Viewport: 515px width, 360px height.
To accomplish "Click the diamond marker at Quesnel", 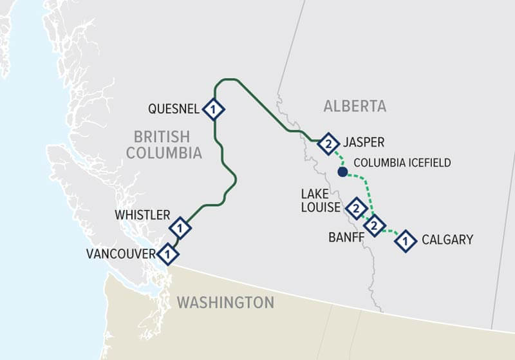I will pyautogui.click(x=213, y=109).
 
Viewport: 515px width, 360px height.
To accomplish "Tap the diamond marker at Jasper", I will pyautogui.click(x=328, y=143).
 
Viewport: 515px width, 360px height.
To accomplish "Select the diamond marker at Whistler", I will pyautogui.click(x=180, y=227).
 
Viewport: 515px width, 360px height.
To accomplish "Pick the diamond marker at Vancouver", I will pyautogui.click(x=168, y=254).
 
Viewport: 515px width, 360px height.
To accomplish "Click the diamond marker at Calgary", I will pyautogui.click(x=406, y=241).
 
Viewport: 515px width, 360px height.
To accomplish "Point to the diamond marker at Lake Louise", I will pyautogui.click(x=355, y=208).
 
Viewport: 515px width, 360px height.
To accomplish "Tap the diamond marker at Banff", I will pyautogui.click(x=374, y=225).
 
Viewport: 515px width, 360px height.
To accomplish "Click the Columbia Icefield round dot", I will pyautogui.click(x=342, y=172).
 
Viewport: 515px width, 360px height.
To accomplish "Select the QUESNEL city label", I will pyautogui.click(x=174, y=109).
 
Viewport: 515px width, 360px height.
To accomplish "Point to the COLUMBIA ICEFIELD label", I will pyautogui.click(x=402, y=163).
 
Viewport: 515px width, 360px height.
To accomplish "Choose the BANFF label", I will pyautogui.click(x=346, y=237).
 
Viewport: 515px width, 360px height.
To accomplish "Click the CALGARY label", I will pyautogui.click(x=447, y=240).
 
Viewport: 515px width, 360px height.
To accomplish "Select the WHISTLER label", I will pyautogui.click(x=142, y=215).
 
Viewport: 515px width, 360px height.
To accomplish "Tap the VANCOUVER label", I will pyautogui.click(x=121, y=254).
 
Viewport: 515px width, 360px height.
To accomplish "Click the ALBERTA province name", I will pyautogui.click(x=355, y=106).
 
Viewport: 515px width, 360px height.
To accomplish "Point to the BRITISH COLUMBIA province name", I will pyautogui.click(x=164, y=145).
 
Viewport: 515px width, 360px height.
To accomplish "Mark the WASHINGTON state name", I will pyautogui.click(x=225, y=302).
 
